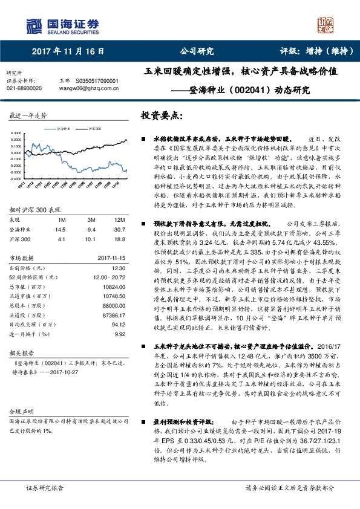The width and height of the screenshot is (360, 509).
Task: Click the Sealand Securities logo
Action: coord(61,25)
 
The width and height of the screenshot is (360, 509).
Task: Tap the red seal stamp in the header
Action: coord(326,25)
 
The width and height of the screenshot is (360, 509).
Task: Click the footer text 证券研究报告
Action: coord(45,487)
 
